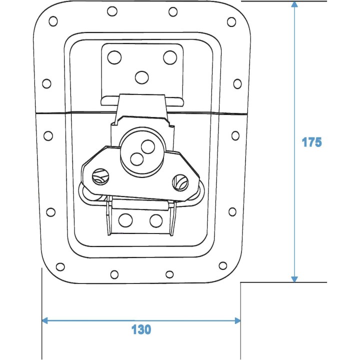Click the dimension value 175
(x=311, y=142)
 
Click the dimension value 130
(x=141, y=329)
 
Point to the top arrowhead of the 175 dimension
(x=294, y=5)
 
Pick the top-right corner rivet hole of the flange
(x=231, y=21)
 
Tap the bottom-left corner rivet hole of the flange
(x=60, y=266)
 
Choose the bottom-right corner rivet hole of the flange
(x=223, y=266)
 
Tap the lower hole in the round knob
(x=136, y=158)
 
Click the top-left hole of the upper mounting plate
(x=114, y=57)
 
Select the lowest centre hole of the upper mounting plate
(x=142, y=76)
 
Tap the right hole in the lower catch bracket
(x=156, y=219)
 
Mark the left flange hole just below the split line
(x=48, y=135)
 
